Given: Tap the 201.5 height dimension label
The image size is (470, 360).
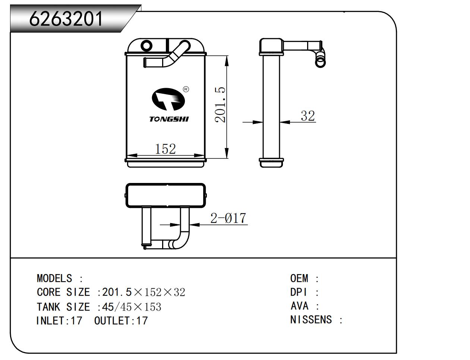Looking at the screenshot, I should pos(220,105).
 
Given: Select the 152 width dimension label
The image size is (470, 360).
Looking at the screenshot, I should pos(165,149).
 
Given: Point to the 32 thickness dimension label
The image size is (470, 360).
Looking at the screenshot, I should pos(308,116).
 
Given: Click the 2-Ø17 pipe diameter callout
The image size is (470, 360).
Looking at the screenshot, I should pos(228,218).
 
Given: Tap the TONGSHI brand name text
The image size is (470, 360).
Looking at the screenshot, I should pos(169,119).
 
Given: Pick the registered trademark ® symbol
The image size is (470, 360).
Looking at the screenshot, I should pos(186,89).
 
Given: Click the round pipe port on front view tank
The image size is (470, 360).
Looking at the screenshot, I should pos(146,46).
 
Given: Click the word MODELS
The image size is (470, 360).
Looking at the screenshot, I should pos(54,278).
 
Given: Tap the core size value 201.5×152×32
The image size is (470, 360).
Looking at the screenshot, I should pos(143,292).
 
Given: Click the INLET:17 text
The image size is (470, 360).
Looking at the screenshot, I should pos(59,321).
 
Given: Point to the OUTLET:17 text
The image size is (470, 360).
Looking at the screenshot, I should pos(121,321).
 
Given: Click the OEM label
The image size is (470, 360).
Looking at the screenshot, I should pos(299,278).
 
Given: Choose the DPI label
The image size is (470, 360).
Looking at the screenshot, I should pos(298,292).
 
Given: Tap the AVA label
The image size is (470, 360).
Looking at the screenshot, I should pos(299,306).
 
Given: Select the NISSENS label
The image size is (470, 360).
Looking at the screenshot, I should pos(311,320).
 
